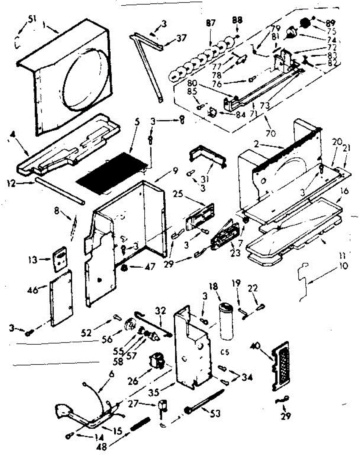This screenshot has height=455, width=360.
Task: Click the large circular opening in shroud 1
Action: pyautogui.click(x=84, y=81)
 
